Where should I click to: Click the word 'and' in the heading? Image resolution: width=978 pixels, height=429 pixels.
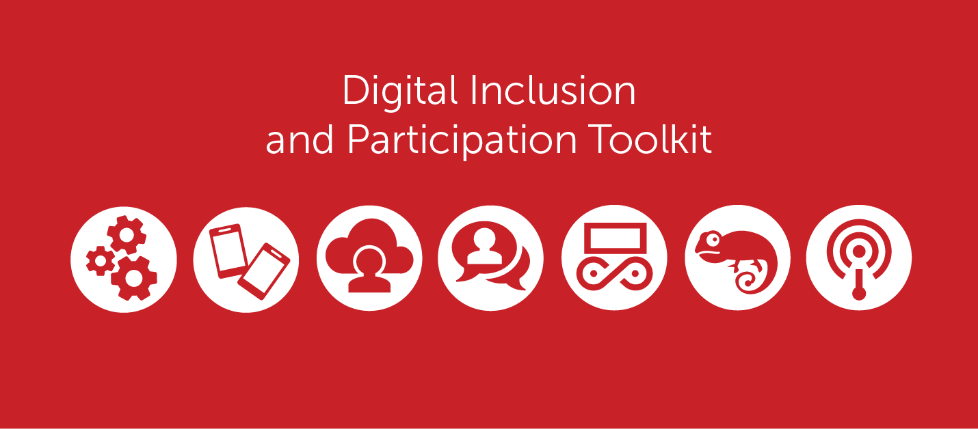coord(300,140)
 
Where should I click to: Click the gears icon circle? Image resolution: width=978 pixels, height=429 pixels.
coord(123,258)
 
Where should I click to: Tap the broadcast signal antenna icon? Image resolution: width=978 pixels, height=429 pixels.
coord(859,258)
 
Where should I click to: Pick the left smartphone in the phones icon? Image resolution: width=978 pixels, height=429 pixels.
coord(228,250)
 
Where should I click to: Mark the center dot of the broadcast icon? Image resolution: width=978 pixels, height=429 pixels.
coord(859,250)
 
